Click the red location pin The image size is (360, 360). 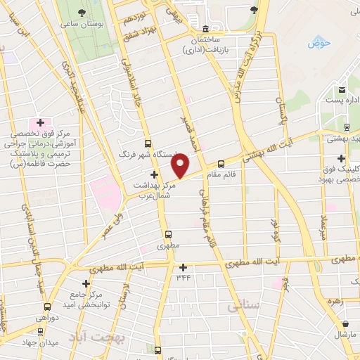pos(181,165)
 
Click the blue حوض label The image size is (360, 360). pos(318,44)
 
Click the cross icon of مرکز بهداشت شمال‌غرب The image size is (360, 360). pos(154,174)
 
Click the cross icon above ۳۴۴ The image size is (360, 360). pos(183,267)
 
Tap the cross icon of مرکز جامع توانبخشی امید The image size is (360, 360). pos(86,283)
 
